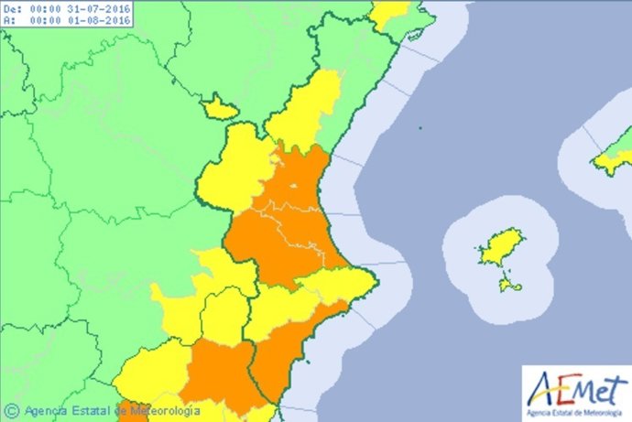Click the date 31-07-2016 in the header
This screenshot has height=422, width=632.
(x=99, y=8)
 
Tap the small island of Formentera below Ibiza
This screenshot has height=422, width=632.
(x=510, y=287)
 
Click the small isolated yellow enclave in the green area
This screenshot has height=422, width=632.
(x=220, y=108)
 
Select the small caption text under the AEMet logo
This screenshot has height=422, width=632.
(x=577, y=407)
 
